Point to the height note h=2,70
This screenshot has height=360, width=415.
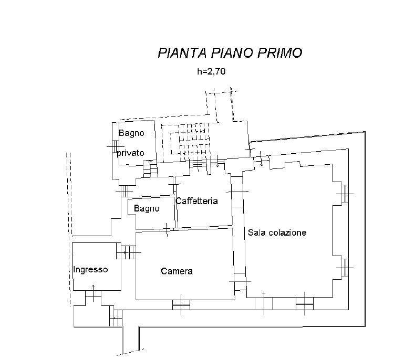tap(211, 72)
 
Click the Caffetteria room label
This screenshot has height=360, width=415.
tap(196, 201)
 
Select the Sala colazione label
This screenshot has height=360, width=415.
tap(277, 232)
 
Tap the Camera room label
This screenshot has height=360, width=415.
tap(177, 271)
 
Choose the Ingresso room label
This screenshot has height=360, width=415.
tap(90, 270)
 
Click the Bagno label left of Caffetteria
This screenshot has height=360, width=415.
tap(146, 209)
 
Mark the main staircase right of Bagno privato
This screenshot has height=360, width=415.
tap(188, 140)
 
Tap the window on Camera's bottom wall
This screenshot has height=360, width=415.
tap(181, 303)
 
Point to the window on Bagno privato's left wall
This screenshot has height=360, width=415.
tap(112, 147)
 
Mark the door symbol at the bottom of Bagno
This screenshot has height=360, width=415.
tap(167, 229)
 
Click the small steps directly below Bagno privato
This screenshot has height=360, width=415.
tap(150, 168)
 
